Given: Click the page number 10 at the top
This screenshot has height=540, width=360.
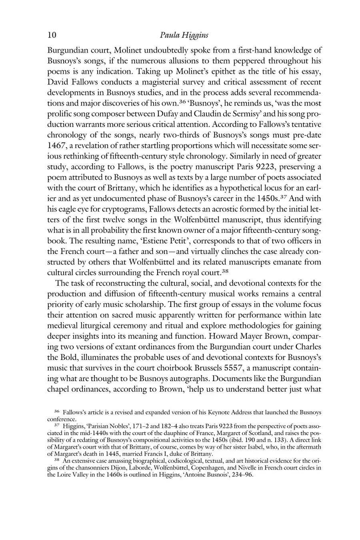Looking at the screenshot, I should point(52,35).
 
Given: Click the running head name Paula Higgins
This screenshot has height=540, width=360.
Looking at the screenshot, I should point(184,36).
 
